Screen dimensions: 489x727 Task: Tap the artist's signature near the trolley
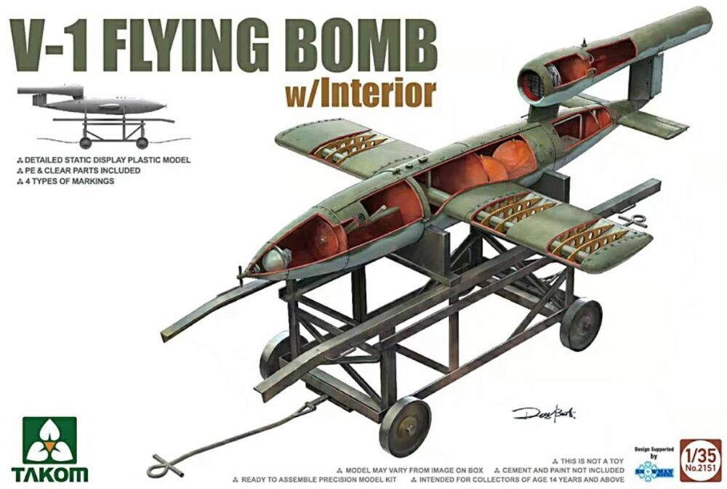pyautogui.click(x=544, y=413)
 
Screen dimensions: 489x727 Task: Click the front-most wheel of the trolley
pyautogui.click(x=404, y=426)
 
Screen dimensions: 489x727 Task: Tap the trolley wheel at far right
pyautogui.click(x=581, y=324)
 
